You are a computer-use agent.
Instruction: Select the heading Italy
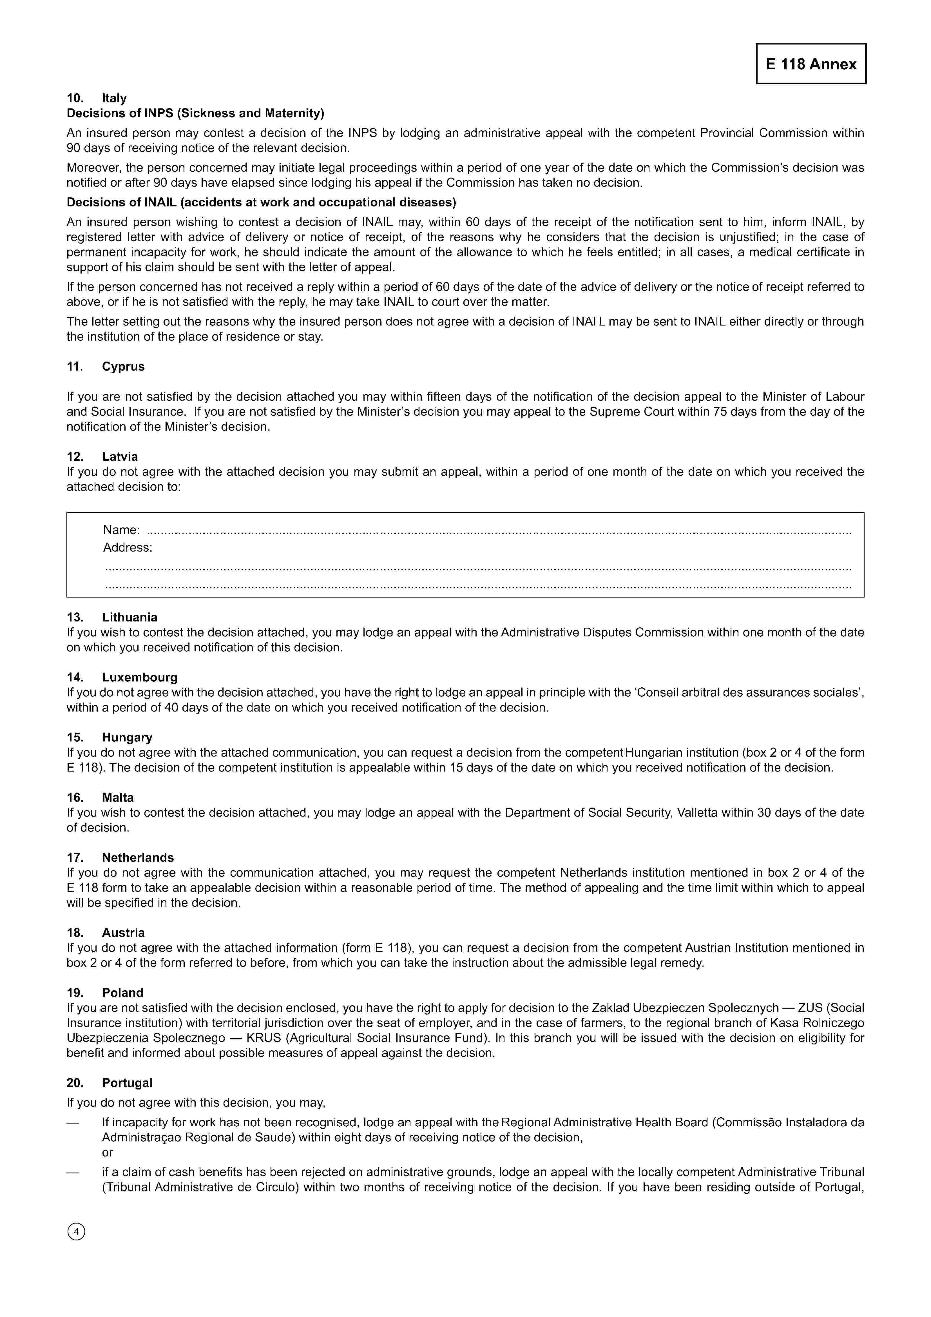114,98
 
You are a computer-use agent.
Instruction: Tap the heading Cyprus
123,367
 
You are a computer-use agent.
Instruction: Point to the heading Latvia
120,456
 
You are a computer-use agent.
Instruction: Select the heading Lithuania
130,617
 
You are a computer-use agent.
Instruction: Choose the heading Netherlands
138,857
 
